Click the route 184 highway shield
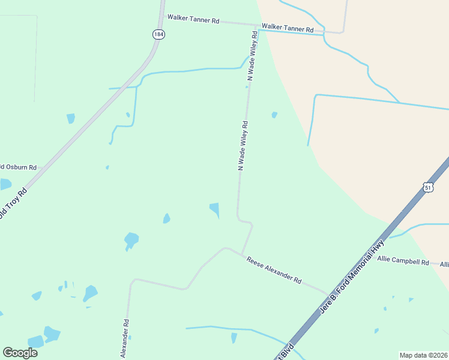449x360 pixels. pyautogui.click(x=158, y=34)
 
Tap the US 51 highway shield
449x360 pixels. pyautogui.click(x=427, y=188)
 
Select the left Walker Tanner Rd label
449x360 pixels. pyautogui.click(x=193, y=19)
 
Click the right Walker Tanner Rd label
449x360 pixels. pyautogui.click(x=288, y=29)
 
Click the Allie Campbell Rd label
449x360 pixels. pyautogui.click(x=403, y=261)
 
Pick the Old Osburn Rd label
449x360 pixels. pyautogui.click(x=18, y=167)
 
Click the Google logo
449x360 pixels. pyautogui.click(x=20, y=352)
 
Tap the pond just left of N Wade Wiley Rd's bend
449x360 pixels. pyautogui.click(x=215, y=209)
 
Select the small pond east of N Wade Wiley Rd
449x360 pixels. pyautogui.click(x=274, y=115)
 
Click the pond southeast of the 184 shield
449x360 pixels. pyautogui.click(x=71, y=118)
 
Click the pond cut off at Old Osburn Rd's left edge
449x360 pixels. pyautogui.click(x=5, y=184)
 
